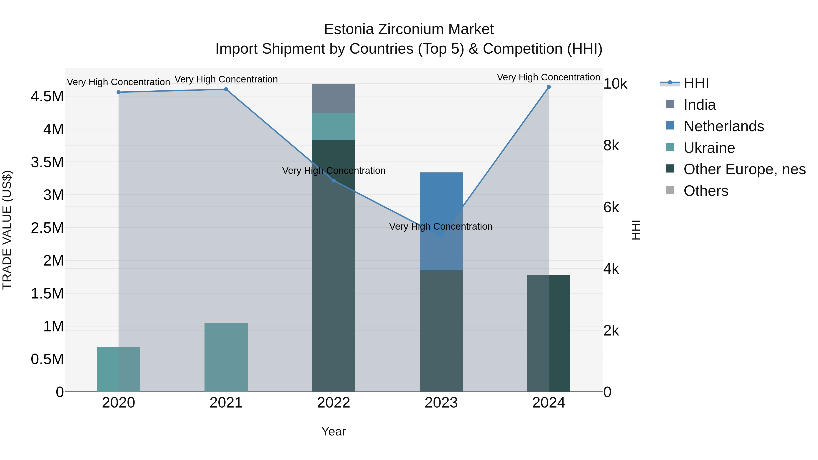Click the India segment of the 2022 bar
333,98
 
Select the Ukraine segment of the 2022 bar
333,126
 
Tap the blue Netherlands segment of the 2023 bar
441,197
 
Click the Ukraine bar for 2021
226,357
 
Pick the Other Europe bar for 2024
549,333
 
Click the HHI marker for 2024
549,87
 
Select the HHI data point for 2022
333,181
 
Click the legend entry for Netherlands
723,126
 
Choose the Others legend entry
706,191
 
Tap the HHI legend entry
696,83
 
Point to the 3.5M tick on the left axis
47,162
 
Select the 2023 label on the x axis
441,403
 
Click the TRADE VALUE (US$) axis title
7,230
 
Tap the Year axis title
333,431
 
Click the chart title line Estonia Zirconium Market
409,29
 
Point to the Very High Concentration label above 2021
226,79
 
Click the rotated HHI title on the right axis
636,230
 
